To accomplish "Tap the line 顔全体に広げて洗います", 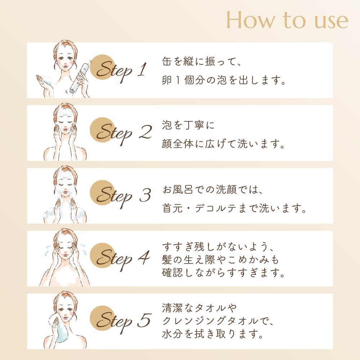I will tap(224, 145).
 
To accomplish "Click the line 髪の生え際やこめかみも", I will tap(221, 260).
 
